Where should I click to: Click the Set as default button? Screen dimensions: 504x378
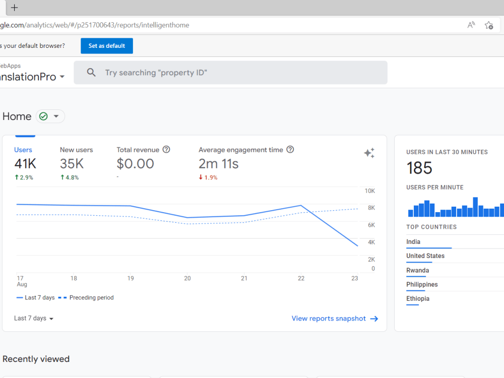[107, 46]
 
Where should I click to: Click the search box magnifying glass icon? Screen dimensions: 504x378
[91, 72]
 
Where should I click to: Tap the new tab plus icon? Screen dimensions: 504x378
[15, 8]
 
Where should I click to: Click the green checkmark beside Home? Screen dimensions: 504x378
[43, 116]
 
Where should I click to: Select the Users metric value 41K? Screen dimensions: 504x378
[25, 164]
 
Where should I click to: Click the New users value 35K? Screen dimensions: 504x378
[72, 164]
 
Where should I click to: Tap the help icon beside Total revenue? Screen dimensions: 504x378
[166, 150]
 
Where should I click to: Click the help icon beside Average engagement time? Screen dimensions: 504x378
[290, 150]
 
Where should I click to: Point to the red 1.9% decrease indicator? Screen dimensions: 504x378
[208, 177]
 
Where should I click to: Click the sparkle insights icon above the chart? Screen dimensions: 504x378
[369, 153]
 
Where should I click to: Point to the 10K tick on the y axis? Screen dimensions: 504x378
[369, 191]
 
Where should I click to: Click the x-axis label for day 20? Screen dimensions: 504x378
[187, 278]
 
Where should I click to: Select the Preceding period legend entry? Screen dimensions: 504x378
[86, 298]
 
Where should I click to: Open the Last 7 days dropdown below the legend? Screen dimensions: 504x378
[33, 318]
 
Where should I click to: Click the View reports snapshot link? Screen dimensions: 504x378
[335, 319]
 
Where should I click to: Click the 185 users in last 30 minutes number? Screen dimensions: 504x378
[419, 168]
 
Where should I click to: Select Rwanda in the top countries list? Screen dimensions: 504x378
[417, 270]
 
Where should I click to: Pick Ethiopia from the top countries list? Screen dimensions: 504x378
[417, 298]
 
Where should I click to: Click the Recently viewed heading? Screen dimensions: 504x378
[36, 359]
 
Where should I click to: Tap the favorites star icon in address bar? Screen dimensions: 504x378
[489, 25]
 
